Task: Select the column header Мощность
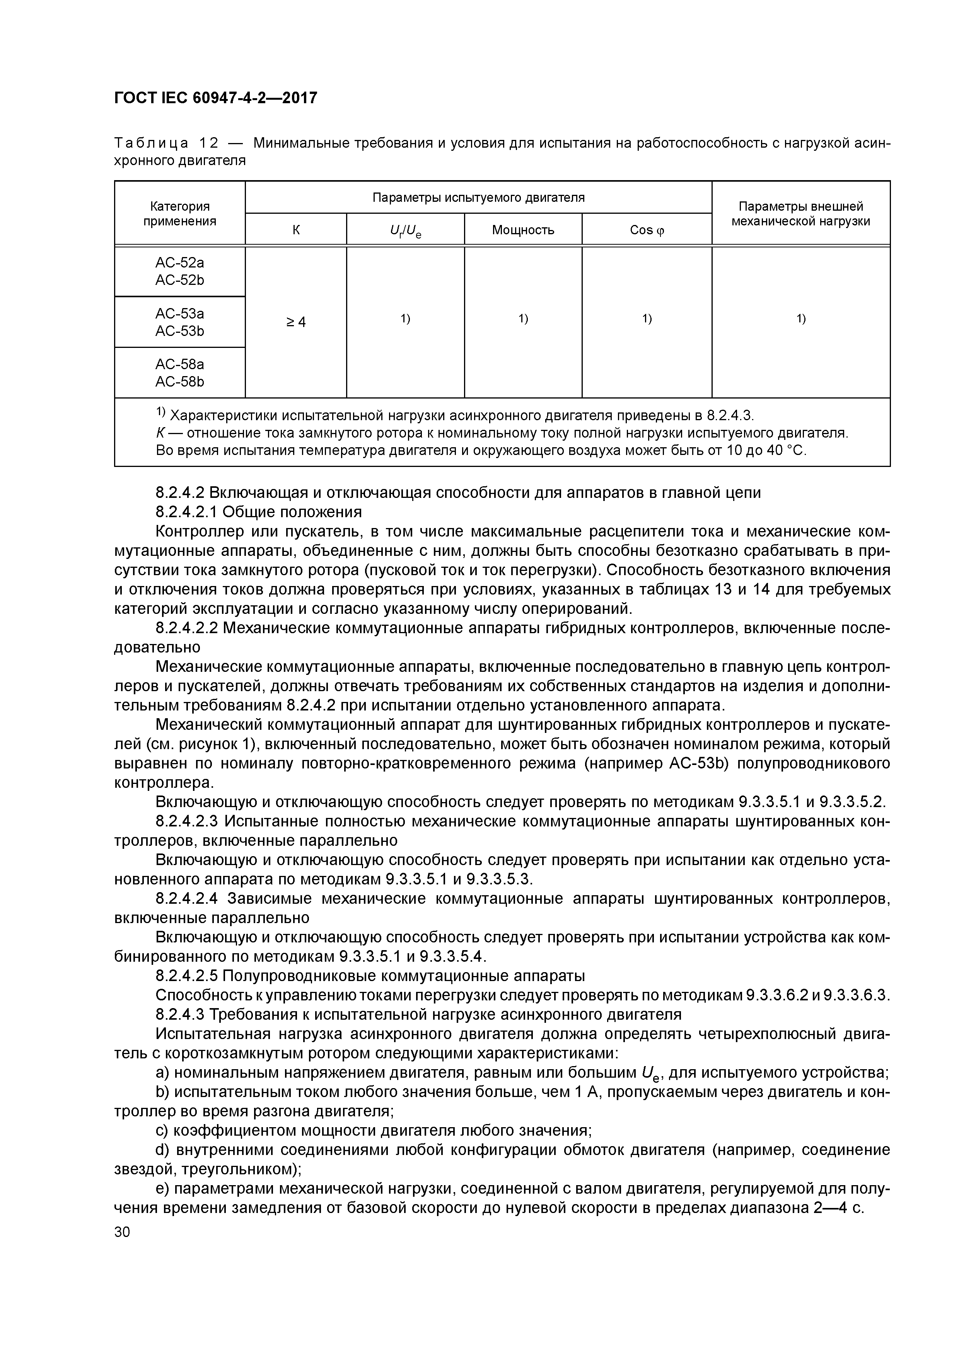click(523, 230)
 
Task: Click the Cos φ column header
click(647, 230)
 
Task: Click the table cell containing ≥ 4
click(296, 322)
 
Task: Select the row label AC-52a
click(180, 262)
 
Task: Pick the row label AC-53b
click(180, 331)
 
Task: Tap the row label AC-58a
click(180, 365)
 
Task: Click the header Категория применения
click(180, 213)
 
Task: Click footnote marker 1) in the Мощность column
click(523, 319)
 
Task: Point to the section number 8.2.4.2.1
click(186, 511)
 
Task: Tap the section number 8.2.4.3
click(180, 1014)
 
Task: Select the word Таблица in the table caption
click(151, 143)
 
